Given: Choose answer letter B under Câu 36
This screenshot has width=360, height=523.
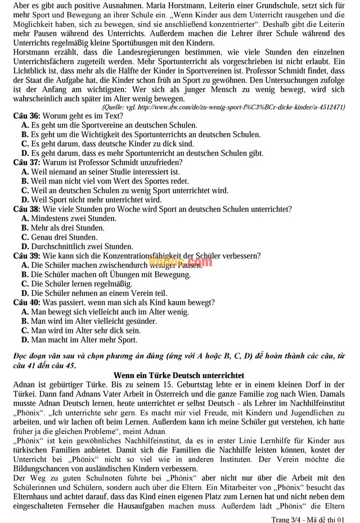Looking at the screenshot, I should tap(25, 135).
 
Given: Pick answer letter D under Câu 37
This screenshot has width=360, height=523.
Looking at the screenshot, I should tap(25, 200).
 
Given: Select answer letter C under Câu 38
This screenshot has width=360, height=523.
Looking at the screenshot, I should tap(25, 237).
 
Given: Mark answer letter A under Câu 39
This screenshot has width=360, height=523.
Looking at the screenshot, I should tap(25, 265).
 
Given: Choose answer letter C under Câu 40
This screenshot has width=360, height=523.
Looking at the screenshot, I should tap(25, 331).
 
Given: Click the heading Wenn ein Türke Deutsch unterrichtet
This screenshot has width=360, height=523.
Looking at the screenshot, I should tap(179, 375).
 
